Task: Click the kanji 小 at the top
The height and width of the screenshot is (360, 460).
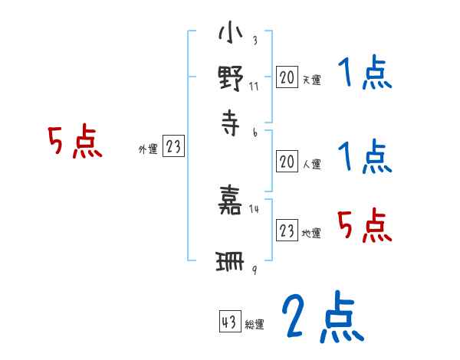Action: (x=231, y=32)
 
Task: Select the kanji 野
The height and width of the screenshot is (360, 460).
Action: (x=231, y=78)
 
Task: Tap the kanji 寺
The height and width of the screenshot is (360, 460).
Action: (x=231, y=123)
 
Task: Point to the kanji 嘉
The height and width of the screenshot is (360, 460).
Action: (x=230, y=200)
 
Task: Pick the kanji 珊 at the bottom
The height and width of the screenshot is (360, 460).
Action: (x=230, y=261)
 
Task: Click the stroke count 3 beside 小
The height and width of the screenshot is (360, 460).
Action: (x=255, y=40)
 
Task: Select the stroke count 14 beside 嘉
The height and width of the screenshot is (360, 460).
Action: (x=254, y=209)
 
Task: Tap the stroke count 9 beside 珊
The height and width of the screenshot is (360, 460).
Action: (x=255, y=270)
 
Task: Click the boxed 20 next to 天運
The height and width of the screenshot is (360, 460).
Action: (x=287, y=77)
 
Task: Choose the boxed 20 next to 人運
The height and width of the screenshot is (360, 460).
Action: (x=287, y=162)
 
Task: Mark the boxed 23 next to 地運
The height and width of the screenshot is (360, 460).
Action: (x=287, y=230)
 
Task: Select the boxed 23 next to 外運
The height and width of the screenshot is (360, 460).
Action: (x=173, y=146)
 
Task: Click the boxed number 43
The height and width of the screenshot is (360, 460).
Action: (x=230, y=321)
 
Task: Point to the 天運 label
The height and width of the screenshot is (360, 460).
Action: (x=311, y=80)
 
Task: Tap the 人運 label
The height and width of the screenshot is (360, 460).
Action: (x=311, y=164)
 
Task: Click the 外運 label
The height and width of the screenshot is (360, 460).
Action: (x=148, y=149)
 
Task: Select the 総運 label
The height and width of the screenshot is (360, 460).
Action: (x=255, y=324)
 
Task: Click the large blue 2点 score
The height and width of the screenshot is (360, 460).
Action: (x=323, y=316)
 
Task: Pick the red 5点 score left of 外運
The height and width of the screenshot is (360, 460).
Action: (x=75, y=141)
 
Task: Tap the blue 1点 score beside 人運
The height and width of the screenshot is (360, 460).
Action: (x=365, y=156)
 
